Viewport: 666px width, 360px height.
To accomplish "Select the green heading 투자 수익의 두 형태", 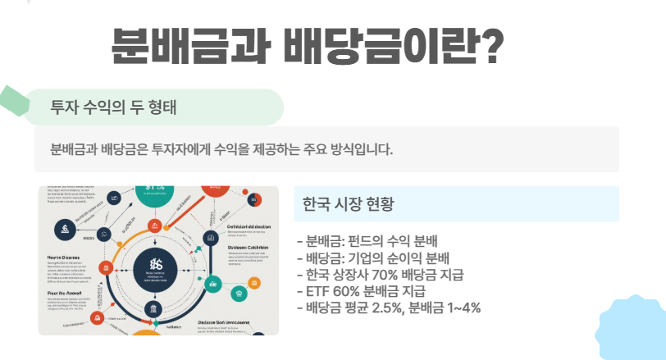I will (x=113, y=107).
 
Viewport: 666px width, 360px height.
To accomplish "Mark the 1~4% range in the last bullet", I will (x=461, y=308).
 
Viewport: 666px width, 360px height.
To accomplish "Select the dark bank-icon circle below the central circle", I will (x=154, y=309).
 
